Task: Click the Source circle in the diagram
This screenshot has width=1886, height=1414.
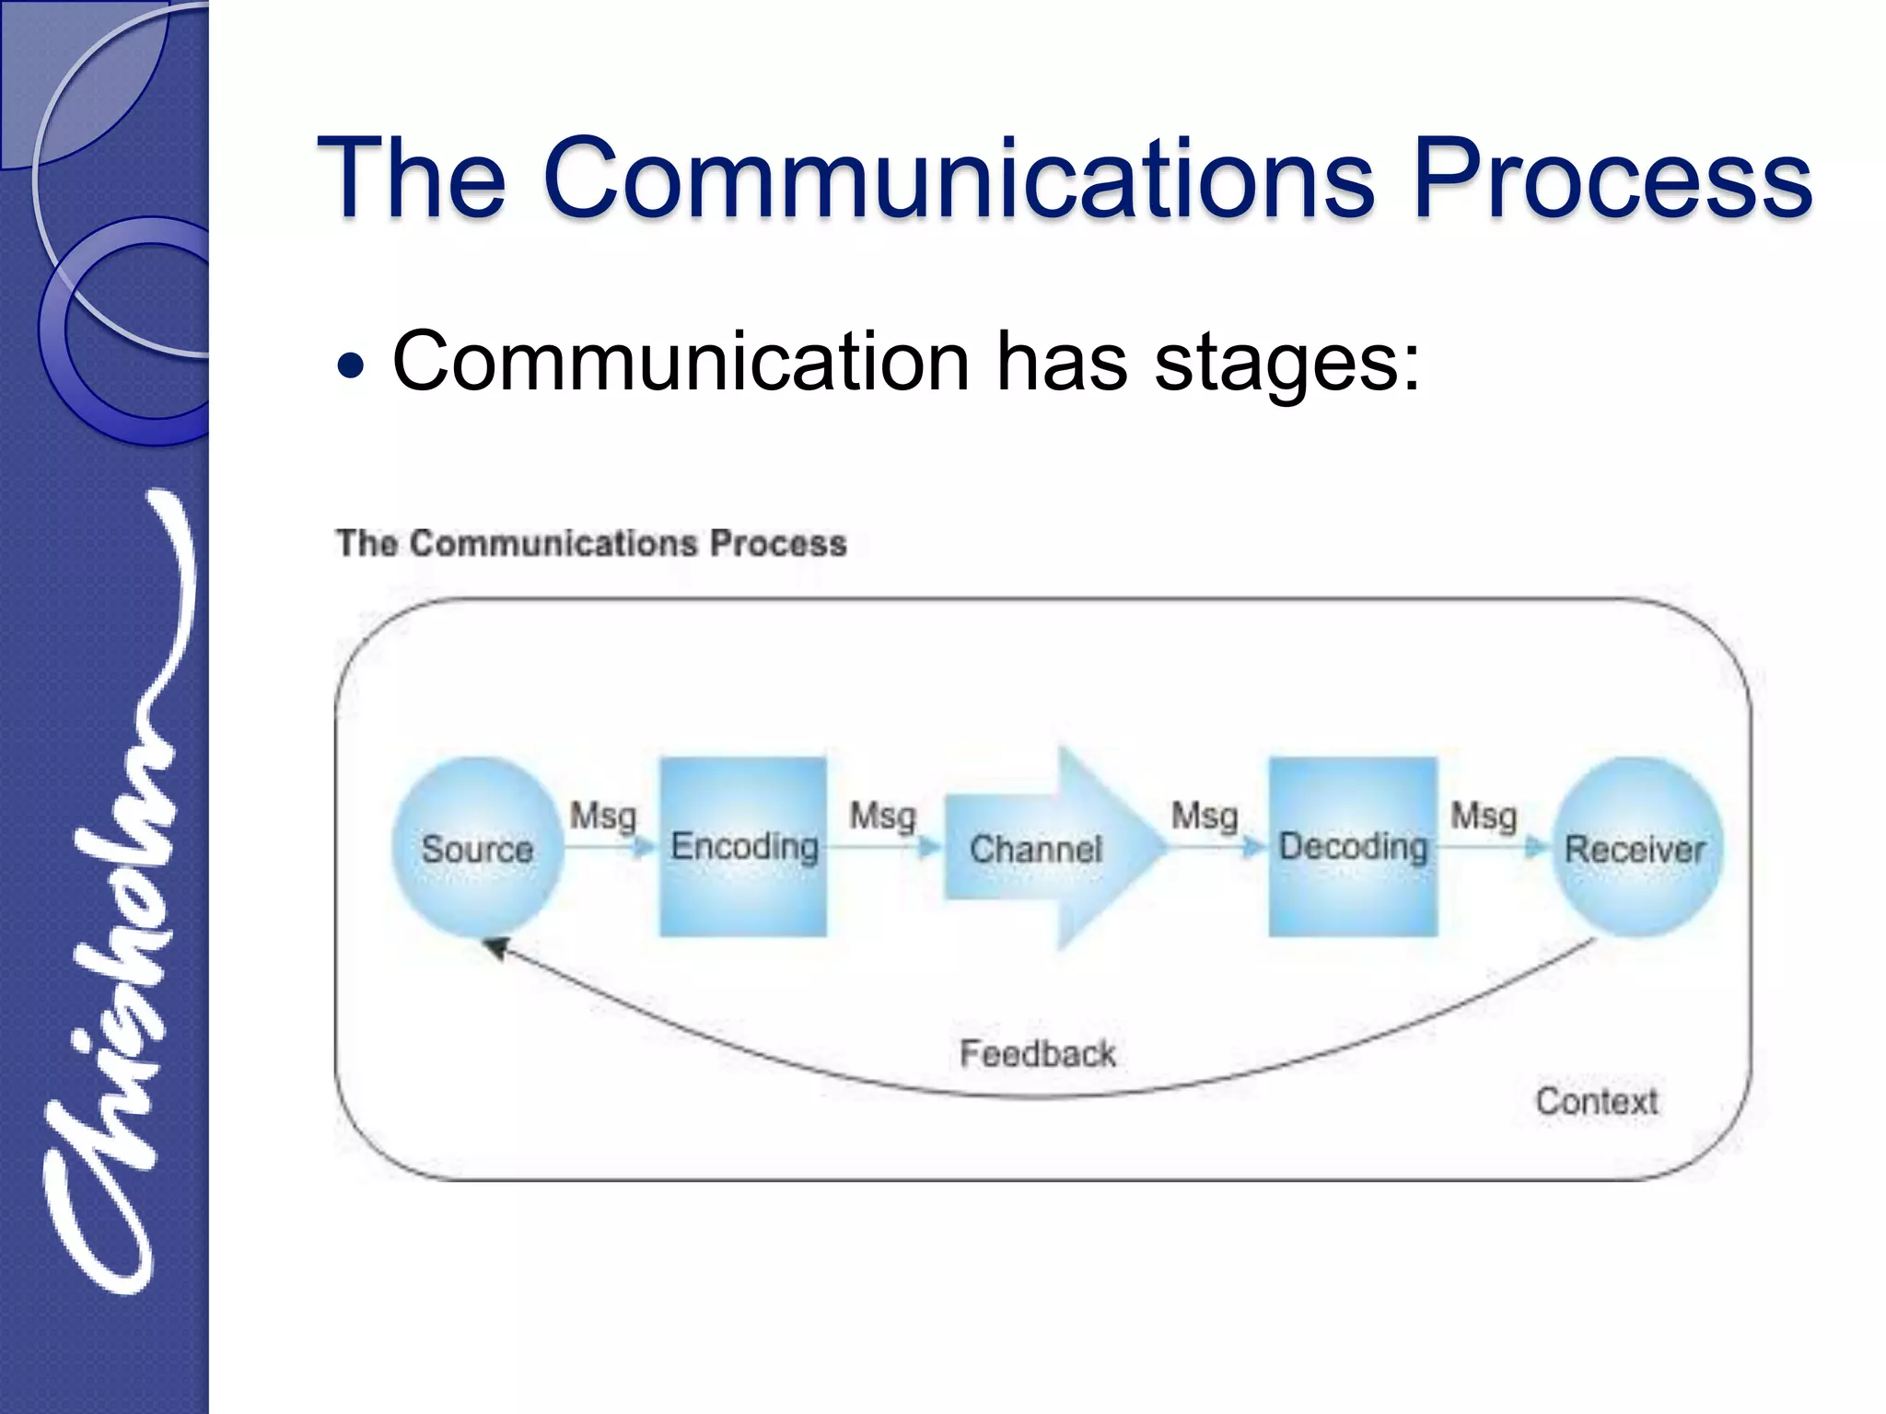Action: pyautogui.click(x=477, y=847)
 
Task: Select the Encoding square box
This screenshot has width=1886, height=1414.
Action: pyautogui.click(x=743, y=847)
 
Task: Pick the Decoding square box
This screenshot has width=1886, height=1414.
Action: pyautogui.click(x=1353, y=847)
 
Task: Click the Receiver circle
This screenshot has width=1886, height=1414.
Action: pyautogui.click(x=1636, y=848)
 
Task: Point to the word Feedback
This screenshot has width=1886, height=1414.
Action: pyautogui.click(x=1038, y=1053)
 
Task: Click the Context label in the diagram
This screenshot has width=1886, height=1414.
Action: pyautogui.click(x=1596, y=1101)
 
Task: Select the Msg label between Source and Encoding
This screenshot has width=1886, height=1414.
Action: pyautogui.click(x=603, y=816)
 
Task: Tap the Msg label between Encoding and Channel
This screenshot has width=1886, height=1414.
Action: pyautogui.click(x=882, y=816)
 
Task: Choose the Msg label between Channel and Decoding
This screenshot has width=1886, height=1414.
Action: pyautogui.click(x=1205, y=816)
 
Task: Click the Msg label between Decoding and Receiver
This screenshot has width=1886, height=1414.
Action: pyautogui.click(x=1484, y=816)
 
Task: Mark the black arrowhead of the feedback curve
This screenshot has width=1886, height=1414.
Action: pyautogui.click(x=495, y=947)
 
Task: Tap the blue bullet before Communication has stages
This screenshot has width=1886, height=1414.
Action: pyautogui.click(x=351, y=366)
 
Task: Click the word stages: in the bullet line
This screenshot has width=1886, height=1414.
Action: pyautogui.click(x=1287, y=362)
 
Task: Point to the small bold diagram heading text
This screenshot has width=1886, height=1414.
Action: pyautogui.click(x=591, y=543)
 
